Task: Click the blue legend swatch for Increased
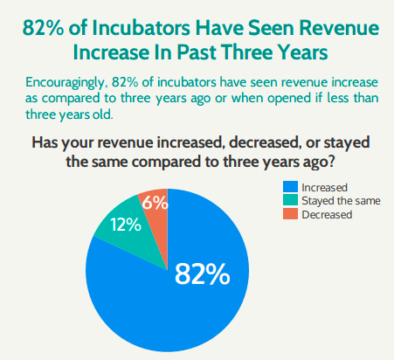tap(290, 187)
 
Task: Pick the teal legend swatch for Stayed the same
tap(290, 200)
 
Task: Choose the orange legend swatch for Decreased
tap(290, 213)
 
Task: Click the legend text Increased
tap(324, 188)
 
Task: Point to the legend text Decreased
tap(327, 215)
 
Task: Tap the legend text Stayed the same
tap(341, 201)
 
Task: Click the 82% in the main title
tap(43, 28)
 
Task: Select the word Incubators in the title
tap(141, 28)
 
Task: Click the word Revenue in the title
tap(339, 28)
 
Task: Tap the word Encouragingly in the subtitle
tap(65, 83)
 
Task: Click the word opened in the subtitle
tap(289, 99)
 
